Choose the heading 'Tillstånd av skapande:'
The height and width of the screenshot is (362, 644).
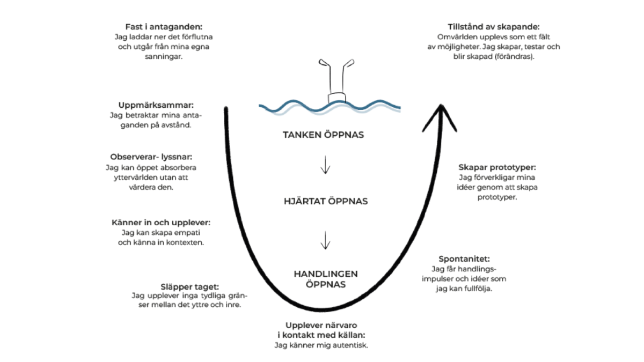493,27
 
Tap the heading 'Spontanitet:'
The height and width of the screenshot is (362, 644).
464,258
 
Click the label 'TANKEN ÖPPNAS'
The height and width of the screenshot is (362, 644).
324,135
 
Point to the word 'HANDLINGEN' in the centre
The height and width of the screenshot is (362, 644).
326,274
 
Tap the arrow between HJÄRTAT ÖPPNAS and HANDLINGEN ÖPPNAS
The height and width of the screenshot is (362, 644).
325,241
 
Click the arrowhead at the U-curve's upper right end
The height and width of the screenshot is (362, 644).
441,114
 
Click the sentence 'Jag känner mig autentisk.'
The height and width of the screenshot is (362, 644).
321,345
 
